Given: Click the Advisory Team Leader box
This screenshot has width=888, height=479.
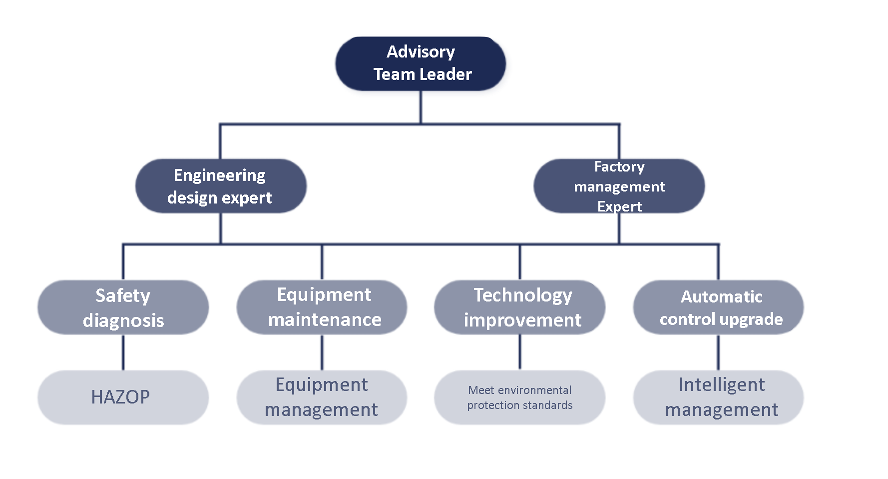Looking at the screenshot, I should [x=421, y=63].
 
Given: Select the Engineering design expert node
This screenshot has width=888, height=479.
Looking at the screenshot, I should [x=221, y=186].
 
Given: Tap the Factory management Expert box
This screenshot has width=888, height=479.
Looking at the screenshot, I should [x=619, y=186].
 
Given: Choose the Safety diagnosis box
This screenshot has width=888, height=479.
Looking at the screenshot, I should [x=123, y=307].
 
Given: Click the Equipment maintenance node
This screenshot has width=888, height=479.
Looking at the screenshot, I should [x=322, y=307].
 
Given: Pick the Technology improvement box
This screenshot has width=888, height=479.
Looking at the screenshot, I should [x=520, y=307].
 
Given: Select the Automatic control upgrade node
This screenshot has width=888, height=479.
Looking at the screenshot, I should [x=719, y=307].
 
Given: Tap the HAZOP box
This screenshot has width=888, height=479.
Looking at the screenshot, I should [x=123, y=397].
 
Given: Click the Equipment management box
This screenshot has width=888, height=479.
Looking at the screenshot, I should [x=322, y=397].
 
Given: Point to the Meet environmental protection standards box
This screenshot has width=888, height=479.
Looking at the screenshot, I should [x=520, y=397].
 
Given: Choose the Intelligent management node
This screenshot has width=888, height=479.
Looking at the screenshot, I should [x=719, y=397].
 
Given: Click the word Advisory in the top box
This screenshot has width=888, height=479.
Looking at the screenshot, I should [x=421, y=52].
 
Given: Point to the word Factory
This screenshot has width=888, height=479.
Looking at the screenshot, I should [x=619, y=166].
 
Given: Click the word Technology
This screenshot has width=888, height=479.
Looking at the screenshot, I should [x=522, y=295].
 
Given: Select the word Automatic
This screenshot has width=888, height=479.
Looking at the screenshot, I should [x=722, y=296].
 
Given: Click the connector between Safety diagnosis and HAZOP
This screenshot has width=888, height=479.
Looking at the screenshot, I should [x=123, y=352].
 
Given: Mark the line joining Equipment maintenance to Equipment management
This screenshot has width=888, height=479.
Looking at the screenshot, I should [x=322, y=352].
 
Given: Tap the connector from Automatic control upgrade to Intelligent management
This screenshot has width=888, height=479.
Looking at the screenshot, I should [x=719, y=352].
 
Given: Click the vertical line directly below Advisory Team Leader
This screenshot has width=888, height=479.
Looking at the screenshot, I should [x=421, y=107].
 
